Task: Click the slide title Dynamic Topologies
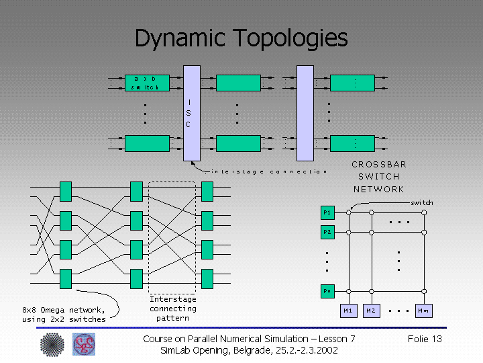(x=241, y=38)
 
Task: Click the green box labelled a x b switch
(x=147, y=83)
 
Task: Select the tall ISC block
(x=192, y=113)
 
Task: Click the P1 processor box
(x=327, y=213)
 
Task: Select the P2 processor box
(x=327, y=232)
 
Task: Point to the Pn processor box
(x=327, y=291)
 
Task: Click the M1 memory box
(x=348, y=311)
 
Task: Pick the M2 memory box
(x=372, y=311)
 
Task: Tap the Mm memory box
(x=423, y=311)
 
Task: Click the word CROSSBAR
(x=379, y=164)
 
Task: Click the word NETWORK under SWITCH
(x=379, y=189)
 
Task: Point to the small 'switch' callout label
(x=421, y=202)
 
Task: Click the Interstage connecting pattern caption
(x=172, y=309)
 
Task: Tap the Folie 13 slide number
(x=425, y=339)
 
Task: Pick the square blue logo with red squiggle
(x=84, y=345)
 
